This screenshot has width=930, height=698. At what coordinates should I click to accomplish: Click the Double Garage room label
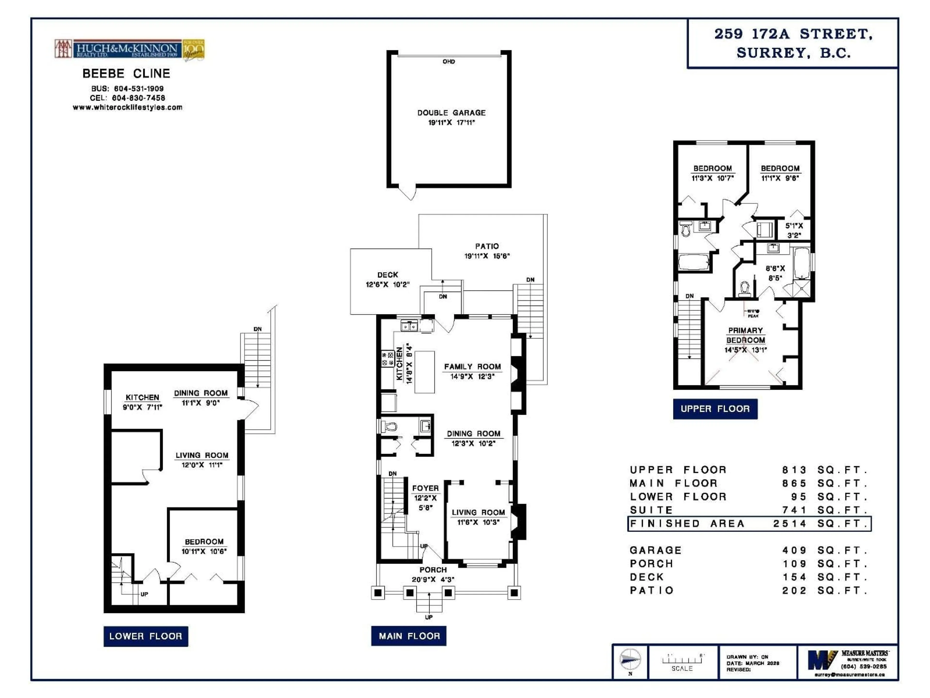click(x=451, y=113)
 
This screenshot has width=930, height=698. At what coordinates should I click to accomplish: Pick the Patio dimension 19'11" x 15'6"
click(x=487, y=256)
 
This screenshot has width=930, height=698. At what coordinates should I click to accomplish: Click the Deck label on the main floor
click(x=387, y=275)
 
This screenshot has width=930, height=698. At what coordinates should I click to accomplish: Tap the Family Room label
click(x=472, y=366)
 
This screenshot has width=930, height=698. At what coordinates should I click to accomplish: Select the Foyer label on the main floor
click(x=425, y=488)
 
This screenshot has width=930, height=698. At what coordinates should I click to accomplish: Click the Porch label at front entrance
click(x=433, y=570)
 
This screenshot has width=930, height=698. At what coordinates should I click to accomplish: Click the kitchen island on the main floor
click(x=425, y=372)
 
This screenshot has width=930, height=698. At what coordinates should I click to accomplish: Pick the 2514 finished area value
click(x=790, y=523)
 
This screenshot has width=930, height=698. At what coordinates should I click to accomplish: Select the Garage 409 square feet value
click(x=794, y=550)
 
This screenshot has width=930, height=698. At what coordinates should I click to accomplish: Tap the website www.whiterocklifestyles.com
click(x=127, y=107)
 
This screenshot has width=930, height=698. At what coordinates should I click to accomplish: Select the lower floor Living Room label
click(x=202, y=455)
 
